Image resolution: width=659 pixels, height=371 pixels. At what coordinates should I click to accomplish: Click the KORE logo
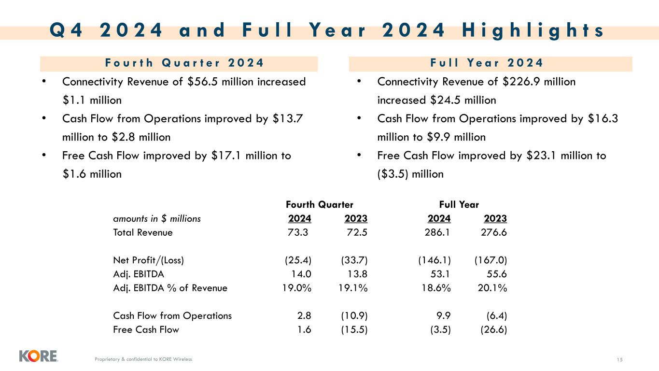pyautogui.click(x=38, y=356)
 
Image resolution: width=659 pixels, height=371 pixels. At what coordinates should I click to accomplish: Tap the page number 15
pyautogui.click(x=620, y=359)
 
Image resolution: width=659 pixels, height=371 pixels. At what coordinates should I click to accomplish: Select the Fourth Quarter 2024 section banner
pyautogui.click(x=179, y=63)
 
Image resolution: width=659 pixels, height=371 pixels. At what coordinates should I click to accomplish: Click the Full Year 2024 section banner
pyautogui.click(x=490, y=63)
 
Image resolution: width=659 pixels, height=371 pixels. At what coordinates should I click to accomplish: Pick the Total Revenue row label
pyautogui.click(x=142, y=232)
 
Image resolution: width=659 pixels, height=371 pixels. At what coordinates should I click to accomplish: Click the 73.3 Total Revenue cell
pyautogui.click(x=297, y=232)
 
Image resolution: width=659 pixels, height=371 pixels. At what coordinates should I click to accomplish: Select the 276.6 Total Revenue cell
pyautogui.click(x=494, y=232)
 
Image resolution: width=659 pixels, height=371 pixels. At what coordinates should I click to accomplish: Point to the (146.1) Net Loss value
pyautogui.click(x=435, y=260)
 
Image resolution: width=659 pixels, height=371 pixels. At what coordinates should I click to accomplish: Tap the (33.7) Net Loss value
pyautogui.click(x=354, y=260)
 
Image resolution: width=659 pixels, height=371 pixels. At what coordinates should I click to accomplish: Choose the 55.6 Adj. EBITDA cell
pyautogui.click(x=497, y=274)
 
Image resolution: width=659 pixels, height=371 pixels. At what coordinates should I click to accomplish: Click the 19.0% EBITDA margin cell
pyautogui.click(x=297, y=288)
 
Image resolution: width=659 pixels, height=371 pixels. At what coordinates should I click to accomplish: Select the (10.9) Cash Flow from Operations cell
pyautogui.click(x=354, y=316)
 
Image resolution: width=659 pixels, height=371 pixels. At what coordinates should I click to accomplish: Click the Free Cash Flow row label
pyautogui.click(x=146, y=330)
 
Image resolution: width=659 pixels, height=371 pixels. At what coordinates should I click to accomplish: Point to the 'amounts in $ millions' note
pyautogui.click(x=157, y=219)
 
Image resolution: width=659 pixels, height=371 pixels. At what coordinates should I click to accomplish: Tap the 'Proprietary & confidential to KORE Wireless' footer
pyautogui.click(x=143, y=359)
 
